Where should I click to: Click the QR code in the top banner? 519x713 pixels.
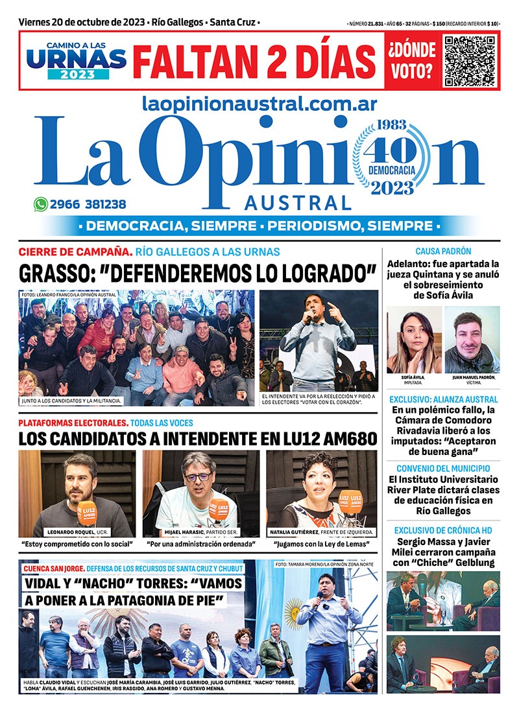click(x=469, y=60)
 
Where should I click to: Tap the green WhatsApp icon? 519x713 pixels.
click(x=41, y=204)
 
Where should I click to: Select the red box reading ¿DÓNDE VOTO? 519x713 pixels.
click(x=411, y=60)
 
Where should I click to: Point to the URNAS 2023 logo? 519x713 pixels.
click(x=77, y=60)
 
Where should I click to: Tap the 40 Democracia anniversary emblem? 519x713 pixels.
click(x=391, y=157)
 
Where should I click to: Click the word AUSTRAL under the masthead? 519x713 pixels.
click(x=298, y=204)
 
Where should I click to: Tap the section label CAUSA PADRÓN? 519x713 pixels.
click(x=443, y=251)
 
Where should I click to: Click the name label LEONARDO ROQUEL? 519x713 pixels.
click(x=66, y=532)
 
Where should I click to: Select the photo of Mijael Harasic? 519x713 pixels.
click(x=200, y=493)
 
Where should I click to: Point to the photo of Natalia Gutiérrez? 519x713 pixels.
click(x=321, y=493)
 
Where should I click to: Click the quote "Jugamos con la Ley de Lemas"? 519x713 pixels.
click(x=321, y=543)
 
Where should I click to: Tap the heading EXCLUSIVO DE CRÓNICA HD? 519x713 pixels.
click(x=443, y=530)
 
